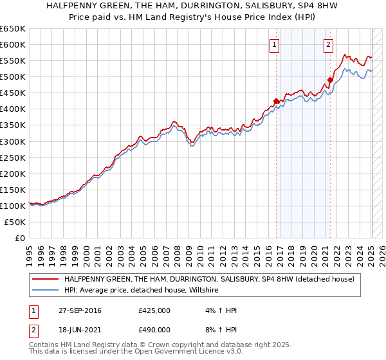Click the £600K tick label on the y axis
pos(13,45)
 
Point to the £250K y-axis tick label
pos(13,157)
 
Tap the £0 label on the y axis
pos(20,238)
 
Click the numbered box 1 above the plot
pos(275,44)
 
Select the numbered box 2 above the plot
pos(328,44)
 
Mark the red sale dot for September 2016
pos(276,101)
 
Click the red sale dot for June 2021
pos(330,80)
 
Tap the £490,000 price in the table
pos(154,329)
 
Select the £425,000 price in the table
pos(154,310)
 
